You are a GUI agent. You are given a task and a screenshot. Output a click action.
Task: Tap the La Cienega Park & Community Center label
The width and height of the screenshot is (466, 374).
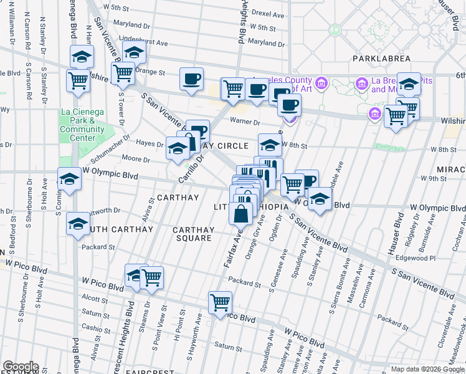(82, 125)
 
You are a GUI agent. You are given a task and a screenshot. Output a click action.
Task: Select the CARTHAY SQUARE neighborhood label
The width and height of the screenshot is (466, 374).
(193, 234)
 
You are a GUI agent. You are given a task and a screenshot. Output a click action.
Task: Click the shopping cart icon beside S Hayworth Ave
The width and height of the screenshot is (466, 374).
(221, 302)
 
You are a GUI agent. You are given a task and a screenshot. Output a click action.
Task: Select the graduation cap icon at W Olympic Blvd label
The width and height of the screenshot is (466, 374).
(69, 179)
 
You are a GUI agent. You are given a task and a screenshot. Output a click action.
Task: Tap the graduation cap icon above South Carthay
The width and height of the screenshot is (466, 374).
(78, 224)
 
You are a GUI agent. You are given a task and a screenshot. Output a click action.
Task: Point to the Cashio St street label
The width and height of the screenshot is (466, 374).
(91, 328)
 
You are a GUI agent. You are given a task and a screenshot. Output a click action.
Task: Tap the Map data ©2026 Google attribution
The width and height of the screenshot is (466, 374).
(427, 369)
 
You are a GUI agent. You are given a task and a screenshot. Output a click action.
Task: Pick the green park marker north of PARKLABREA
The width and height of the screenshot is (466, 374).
(335, 29)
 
